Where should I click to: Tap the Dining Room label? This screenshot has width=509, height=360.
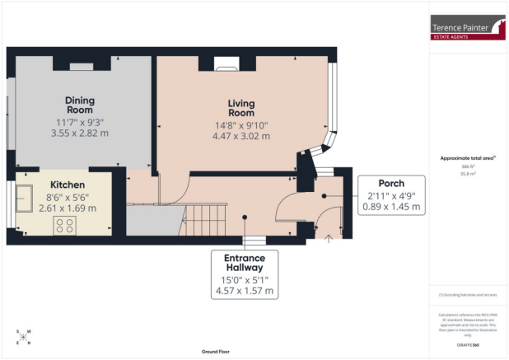80,105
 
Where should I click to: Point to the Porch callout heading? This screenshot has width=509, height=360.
390,182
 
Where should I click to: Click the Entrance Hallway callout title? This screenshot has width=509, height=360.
244,264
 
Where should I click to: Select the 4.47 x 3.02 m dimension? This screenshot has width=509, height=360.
240,136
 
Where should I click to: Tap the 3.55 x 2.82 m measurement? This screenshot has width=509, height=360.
80,132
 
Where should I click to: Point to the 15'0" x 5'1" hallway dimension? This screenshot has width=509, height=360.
244,279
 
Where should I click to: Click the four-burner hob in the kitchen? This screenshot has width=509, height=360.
66,225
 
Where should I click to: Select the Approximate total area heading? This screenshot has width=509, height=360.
468,158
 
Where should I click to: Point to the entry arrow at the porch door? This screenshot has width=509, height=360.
329,239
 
